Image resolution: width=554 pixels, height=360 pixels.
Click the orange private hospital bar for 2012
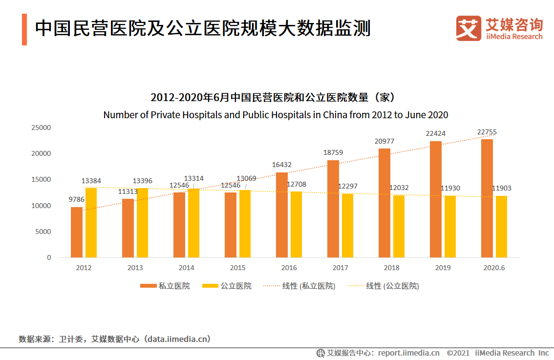pos(77,232)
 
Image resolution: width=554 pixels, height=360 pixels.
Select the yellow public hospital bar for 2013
pos(142,223)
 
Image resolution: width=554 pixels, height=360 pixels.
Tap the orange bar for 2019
pos(436,199)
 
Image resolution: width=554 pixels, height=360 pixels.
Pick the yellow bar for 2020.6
pos(501,227)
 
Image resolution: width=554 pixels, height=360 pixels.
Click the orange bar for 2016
pos(282,215)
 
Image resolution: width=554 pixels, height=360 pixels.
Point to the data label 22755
pos(487,132)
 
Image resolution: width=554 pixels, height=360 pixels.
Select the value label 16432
pos(282,165)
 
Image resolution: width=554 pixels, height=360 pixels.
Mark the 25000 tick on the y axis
pos(42,127)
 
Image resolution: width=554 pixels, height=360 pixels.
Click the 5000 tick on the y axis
pos(43,232)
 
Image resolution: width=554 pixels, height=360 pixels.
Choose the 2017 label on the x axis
pos(341,268)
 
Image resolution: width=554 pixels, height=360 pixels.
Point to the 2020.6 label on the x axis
pos(494,268)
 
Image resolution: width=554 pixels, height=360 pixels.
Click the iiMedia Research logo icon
pos(469,28)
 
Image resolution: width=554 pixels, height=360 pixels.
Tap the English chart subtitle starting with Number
pos(276,115)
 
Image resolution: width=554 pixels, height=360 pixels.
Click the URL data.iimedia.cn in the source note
pos(176,339)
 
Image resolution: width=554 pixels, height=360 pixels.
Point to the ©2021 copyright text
pos(458,353)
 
